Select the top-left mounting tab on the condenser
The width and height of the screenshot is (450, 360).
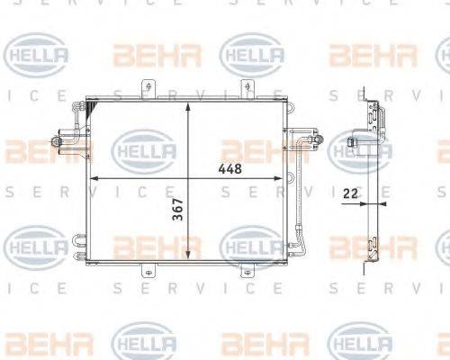142,90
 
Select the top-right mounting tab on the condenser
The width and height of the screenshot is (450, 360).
244,90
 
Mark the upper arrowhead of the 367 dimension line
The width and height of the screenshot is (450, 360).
186,105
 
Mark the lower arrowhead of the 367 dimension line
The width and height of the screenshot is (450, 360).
186,256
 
